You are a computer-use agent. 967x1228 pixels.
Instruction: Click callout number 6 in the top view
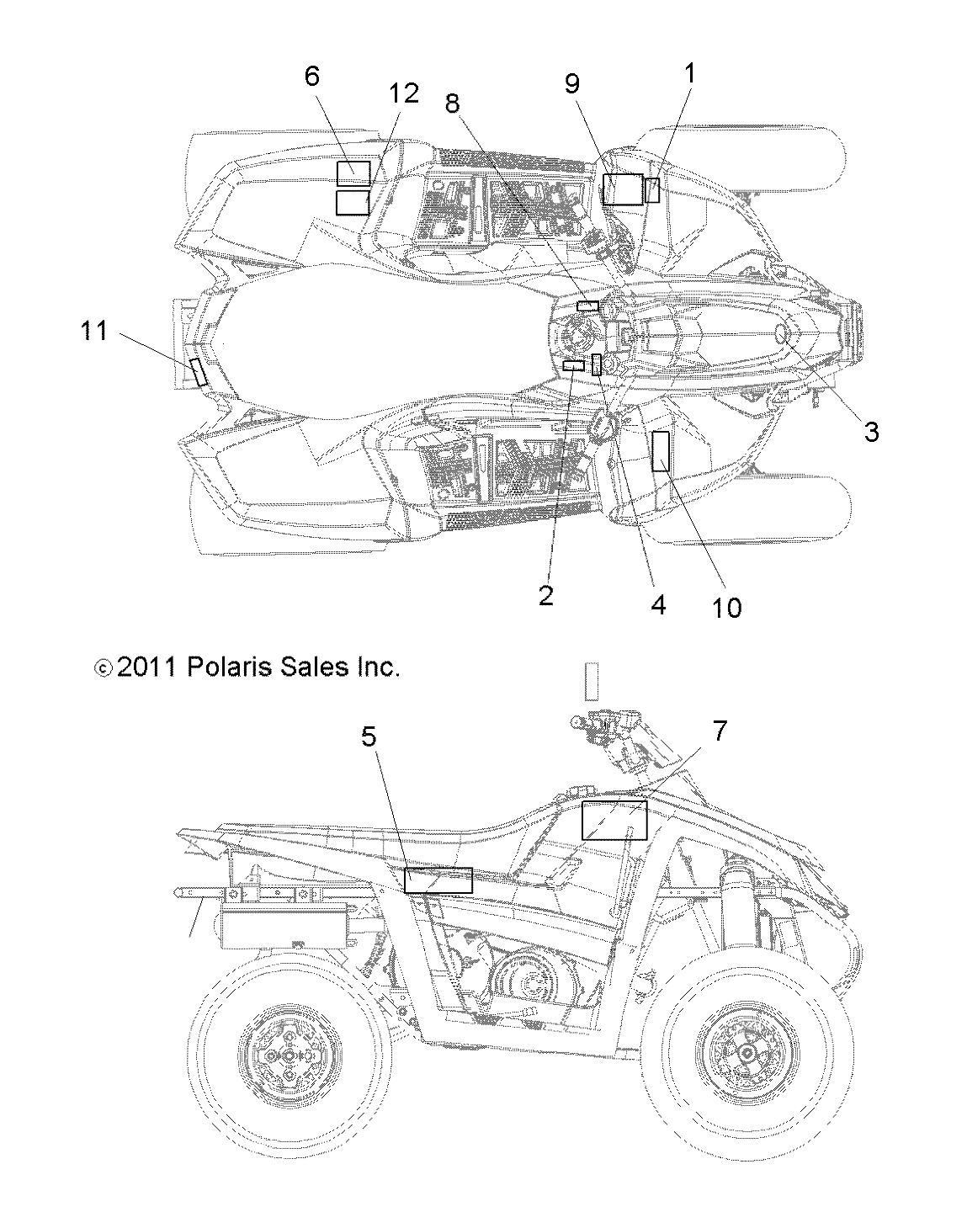pyautogui.click(x=311, y=77)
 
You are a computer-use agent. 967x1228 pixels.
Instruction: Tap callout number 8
pyautogui.click(x=453, y=103)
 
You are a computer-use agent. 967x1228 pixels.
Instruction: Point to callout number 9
pyautogui.click(x=572, y=83)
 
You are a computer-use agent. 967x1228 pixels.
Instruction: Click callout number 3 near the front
pyautogui.click(x=871, y=433)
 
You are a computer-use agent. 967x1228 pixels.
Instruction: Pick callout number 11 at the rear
pyautogui.click(x=94, y=331)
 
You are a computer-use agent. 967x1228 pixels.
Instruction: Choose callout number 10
pyautogui.click(x=728, y=608)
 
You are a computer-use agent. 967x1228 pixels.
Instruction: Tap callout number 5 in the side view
pyautogui.click(x=369, y=737)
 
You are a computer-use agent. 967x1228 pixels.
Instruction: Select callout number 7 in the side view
pyautogui.click(x=718, y=731)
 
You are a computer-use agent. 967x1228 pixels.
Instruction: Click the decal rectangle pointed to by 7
pyautogui.click(x=614, y=820)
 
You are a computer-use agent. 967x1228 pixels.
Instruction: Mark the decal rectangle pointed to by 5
pyautogui.click(x=438, y=880)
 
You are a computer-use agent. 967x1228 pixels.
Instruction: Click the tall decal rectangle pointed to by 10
pyautogui.click(x=661, y=451)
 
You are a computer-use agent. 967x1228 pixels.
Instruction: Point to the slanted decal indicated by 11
pyautogui.click(x=199, y=371)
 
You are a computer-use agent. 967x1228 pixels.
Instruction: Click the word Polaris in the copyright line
pyautogui.click(x=221, y=667)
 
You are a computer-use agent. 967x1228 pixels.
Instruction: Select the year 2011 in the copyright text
pyautogui.click(x=146, y=667)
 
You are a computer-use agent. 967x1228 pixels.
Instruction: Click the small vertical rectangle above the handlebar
pyautogui.click(x=591, y=680)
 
